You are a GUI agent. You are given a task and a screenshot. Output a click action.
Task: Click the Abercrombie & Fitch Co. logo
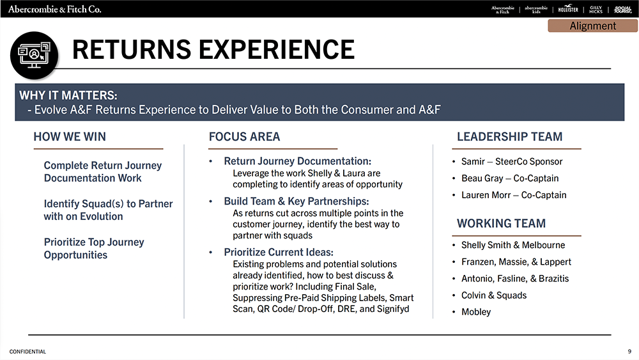click(x=54, y=9)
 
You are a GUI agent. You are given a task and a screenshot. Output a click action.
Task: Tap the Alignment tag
click(x=592, y=26)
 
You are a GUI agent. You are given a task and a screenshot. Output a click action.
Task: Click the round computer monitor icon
click(x=35, y=55)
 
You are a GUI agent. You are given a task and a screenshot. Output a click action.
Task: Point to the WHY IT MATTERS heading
click(x=68, y=95)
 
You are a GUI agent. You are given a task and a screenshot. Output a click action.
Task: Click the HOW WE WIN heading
click(x=70, y=137)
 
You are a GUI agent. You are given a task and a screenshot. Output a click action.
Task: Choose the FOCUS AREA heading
click(x=245, y=137)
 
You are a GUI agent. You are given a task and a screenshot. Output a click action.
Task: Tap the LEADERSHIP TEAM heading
click(x=509, y=137)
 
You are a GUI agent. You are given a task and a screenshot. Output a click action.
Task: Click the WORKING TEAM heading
click(x=501, y=223)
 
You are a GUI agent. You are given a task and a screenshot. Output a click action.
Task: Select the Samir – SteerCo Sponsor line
click(x=512, y=161)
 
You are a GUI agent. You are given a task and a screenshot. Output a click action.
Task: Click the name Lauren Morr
click(x=486, y=195)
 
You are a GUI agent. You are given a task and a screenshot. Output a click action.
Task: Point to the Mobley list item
click(x=476, y=312)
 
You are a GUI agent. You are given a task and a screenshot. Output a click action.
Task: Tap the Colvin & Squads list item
click(x=494, y=295)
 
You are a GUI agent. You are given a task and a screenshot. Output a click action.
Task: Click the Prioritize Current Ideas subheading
click(x=279, y=252)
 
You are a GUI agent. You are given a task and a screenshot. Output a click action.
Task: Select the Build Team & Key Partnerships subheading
click(x=296, y=201)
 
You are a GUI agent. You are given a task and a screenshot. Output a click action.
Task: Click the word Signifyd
click(x=393, y=309)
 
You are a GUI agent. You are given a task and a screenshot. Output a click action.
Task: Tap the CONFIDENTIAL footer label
click(x=27, y=352)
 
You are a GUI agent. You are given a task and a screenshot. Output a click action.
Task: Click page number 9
click(x=629, y=352)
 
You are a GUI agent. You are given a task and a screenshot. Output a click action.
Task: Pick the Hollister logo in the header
click(x=568, y=8)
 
